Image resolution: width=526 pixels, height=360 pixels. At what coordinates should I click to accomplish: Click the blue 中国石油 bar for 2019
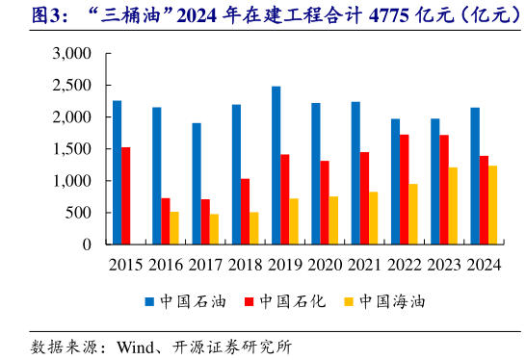point(276,166)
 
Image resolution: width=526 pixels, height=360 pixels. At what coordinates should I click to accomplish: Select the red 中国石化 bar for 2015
point(126,195)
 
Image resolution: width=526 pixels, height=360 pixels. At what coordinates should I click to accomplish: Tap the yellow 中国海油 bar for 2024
point(493,205)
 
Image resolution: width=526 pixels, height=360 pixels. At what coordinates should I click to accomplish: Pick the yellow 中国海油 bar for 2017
point(213,229)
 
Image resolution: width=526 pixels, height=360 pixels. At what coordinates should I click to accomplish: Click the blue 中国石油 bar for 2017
point(197,184)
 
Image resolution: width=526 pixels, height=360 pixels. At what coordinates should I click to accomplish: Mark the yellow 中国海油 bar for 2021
point(373,219)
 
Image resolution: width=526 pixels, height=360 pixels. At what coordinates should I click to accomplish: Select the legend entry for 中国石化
point(288,301)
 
